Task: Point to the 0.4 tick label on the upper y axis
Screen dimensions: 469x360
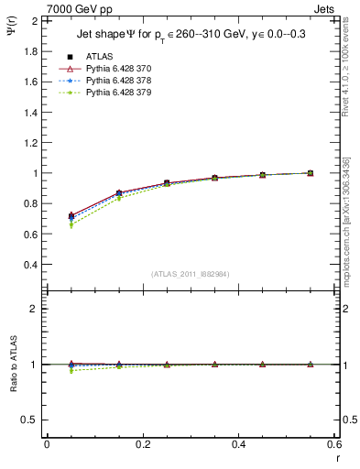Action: point(31,265)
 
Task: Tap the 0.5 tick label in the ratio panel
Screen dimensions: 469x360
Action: point(31,420)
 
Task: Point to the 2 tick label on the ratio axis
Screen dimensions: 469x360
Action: point(35,309)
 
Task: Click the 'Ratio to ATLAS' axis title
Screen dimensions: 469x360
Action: point(12,364)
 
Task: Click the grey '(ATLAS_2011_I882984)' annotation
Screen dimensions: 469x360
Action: point(191,274)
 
